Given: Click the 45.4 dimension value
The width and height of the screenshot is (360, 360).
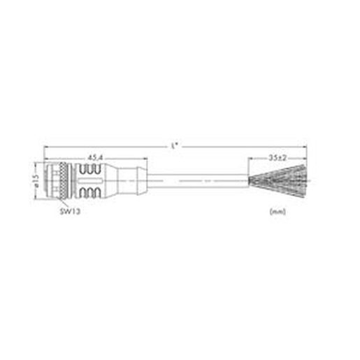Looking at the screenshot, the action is (x=95, y=158).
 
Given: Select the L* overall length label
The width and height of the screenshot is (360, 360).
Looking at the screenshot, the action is (x=175, y=146).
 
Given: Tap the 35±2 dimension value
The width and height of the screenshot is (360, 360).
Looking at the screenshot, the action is (x=278, y=158).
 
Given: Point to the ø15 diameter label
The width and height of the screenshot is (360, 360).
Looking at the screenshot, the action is (x=36, y=181).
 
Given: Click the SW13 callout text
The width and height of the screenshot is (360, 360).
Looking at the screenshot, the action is (x=70, y=211).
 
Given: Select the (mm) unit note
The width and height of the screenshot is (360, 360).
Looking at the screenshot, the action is (x=278, y=212).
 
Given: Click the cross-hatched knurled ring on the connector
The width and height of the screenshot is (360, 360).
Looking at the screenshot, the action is (x=63, y=181).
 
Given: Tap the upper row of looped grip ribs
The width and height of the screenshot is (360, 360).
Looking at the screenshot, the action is (x=90, y=169).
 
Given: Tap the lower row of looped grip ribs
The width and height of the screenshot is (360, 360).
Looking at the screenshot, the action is (x=90, y=192).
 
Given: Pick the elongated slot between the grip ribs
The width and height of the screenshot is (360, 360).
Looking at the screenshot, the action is (x=90, y=181).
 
